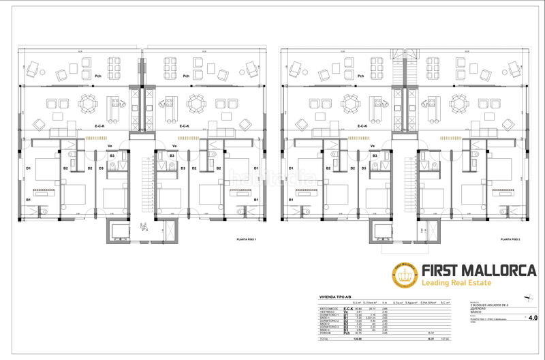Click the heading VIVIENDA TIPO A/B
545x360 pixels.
pos(336,298)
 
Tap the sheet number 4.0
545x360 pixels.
pos(532,318)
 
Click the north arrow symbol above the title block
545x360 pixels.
pos(525,297)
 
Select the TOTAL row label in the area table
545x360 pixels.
pos(324,339)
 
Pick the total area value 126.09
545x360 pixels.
pos(356,339)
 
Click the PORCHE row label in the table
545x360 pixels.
pos(325,333)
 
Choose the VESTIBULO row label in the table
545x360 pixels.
pos(327,312)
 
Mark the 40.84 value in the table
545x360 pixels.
pos(357,308)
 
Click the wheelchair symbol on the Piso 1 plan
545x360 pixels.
pos(142,229)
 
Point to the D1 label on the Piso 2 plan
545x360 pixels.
pos(292,168)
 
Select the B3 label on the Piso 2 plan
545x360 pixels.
pos(374,156)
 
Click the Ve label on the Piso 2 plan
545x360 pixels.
pos(372,146)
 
